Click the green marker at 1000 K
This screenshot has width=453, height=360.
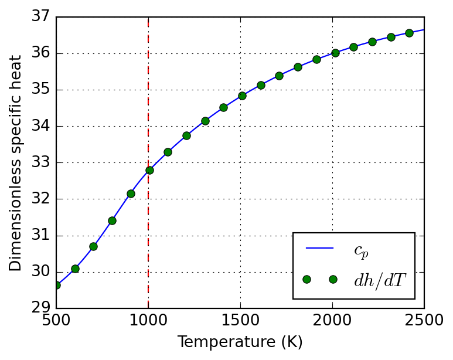[149, 170]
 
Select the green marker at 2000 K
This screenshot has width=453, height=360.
[335, 53]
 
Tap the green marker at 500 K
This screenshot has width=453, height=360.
[56, 285]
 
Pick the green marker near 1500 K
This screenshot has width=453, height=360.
[242, 96]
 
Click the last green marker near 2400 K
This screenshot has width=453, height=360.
[409, 33]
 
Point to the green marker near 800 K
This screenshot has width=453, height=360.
[112, 220]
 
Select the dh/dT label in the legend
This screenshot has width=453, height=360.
[379, 280]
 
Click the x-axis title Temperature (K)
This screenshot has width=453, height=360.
[240, 342]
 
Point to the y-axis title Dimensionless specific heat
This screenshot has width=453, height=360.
[16, 163]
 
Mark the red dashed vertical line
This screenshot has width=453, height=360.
[148, 235]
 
